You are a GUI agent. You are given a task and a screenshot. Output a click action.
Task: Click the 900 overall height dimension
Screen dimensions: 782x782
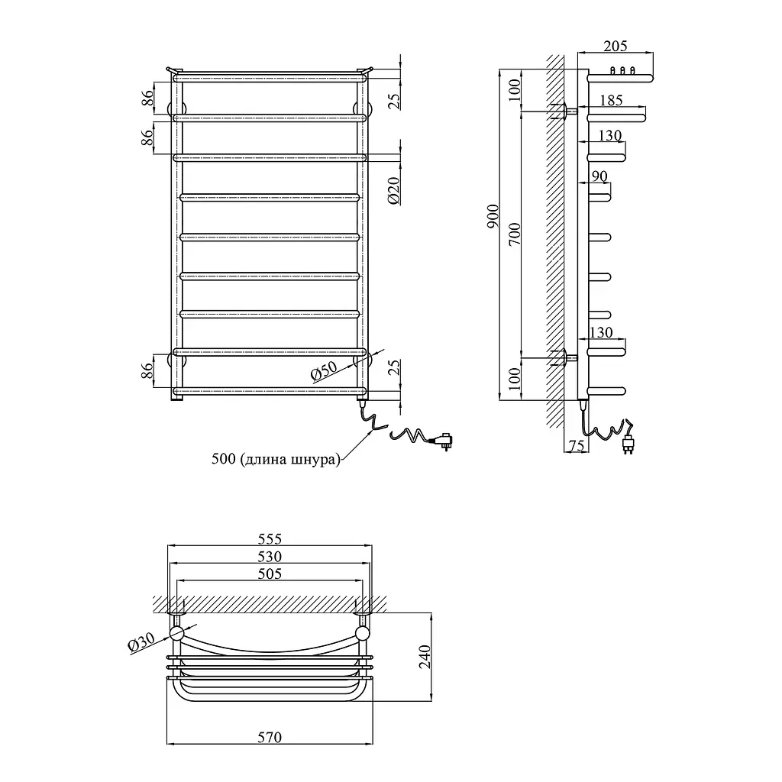(493, 216)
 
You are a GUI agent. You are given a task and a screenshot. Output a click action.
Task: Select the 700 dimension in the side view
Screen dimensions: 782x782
(515, 234)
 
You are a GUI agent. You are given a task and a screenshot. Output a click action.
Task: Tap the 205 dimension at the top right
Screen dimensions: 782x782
(615, 46)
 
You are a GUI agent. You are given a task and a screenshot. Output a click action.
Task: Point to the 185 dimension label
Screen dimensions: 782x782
(611, 100)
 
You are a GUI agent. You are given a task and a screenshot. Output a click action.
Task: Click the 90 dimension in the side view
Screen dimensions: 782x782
(599, 176)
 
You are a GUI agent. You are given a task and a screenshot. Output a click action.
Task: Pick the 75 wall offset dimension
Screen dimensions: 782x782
(577, 445)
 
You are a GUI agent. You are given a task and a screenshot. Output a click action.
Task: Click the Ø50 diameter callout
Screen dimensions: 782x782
(325, 372)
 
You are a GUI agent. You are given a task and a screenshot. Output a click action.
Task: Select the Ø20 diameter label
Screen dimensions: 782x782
(393, 190)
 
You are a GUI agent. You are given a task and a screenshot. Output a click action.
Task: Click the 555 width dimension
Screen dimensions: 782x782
(270, 538)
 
